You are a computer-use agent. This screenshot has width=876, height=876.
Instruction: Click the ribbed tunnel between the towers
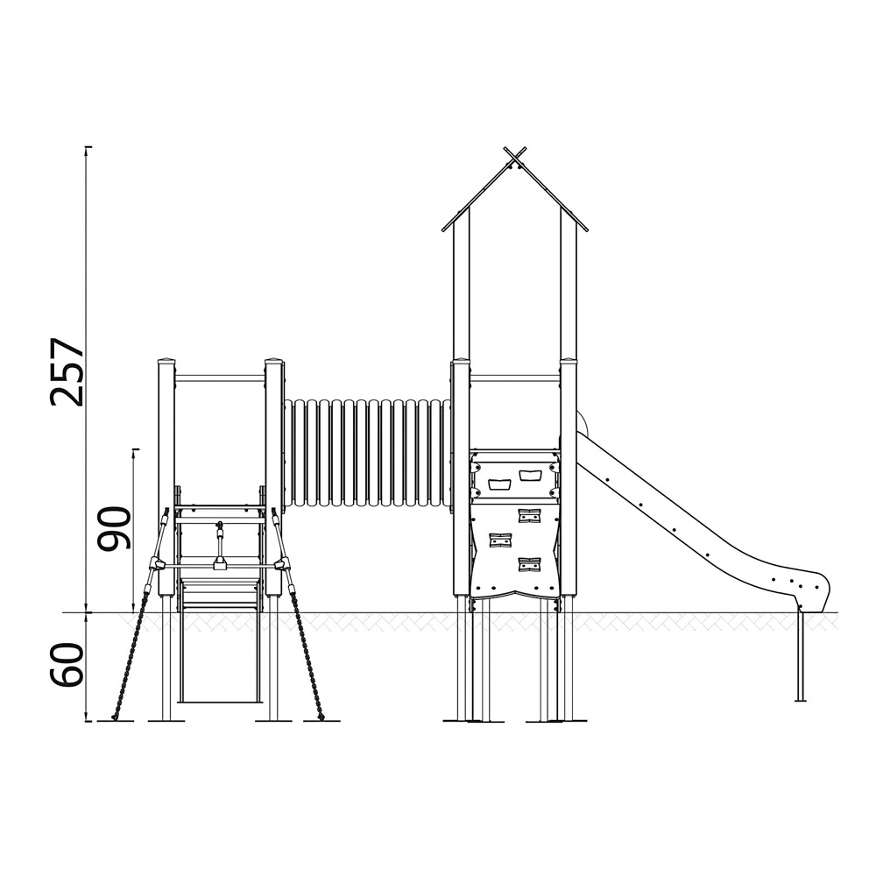coord(367,453)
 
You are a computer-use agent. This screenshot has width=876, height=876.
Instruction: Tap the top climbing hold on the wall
coord(529,515)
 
